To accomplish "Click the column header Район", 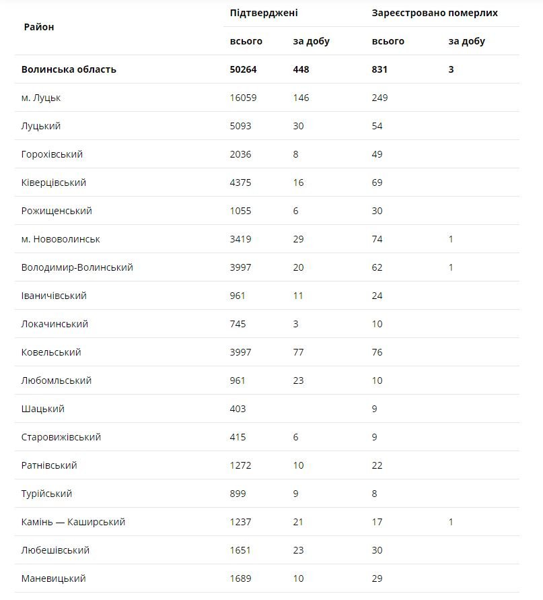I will (38, 27).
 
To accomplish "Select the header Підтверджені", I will (264, 13).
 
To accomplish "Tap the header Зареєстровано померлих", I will (435, 13).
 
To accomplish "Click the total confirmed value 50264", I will (243, 69).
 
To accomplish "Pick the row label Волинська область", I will (69, 69).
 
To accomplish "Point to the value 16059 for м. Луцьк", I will (243, 98).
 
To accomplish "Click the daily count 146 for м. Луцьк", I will (301, 98).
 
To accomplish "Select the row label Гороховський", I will (52, 154).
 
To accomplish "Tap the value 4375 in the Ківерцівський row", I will (240, 182).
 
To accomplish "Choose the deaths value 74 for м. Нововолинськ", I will (377, 239).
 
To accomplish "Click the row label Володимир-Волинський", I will (77, 267).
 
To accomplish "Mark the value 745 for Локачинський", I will (238, 324).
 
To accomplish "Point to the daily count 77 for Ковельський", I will (298, 352).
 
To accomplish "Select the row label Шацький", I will (42, 409).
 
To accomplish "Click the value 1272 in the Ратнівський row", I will (240, 465).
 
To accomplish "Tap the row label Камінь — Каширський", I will (73, 522).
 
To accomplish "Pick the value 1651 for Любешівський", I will (240, 550).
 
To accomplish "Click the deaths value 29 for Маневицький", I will (377, 578).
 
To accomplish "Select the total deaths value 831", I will (379, 69).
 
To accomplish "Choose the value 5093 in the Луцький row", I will (240, 126).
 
